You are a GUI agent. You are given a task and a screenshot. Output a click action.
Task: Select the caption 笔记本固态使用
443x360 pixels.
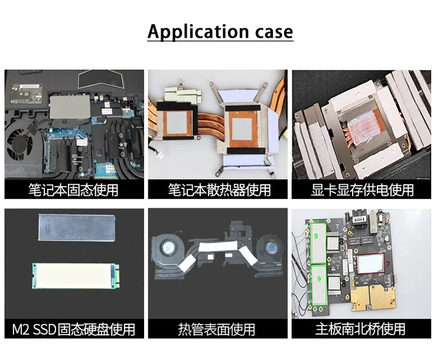74,190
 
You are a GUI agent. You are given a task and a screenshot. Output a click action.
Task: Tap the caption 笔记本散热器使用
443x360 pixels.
219,190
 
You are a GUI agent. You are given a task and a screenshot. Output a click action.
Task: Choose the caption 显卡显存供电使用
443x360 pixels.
363,190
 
